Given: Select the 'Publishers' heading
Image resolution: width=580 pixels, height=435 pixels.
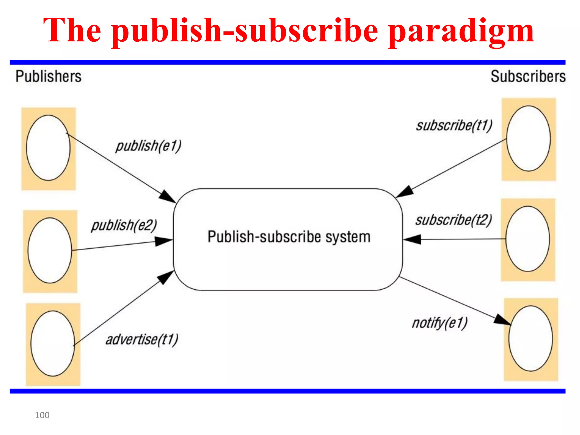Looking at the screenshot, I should (48, 76).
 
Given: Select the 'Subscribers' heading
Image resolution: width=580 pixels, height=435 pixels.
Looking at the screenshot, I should (528, 76).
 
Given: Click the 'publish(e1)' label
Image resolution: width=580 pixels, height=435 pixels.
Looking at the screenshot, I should (148, 146).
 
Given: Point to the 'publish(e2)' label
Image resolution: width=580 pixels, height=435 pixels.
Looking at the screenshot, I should (124, 225).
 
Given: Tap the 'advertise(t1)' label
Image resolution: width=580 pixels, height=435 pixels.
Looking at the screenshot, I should (142, 339).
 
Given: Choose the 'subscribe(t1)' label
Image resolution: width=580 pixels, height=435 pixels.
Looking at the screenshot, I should (454, 125).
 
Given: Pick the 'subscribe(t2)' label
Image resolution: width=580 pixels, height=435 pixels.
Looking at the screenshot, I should (454, 220).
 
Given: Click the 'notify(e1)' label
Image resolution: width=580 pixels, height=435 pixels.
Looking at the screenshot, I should (440, 323).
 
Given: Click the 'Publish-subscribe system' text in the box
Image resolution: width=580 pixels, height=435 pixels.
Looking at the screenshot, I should (289, 237).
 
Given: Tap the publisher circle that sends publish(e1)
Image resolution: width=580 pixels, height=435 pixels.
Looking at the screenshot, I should (48, 148).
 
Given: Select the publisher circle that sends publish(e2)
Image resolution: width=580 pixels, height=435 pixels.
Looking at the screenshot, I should (50, 250).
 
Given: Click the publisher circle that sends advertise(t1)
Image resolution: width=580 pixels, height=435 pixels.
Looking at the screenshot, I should (53, 343).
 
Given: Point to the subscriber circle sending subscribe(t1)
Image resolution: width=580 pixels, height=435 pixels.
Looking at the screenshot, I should (528, 138).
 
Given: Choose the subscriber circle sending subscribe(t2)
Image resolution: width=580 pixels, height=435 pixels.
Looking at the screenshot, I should (528, 239).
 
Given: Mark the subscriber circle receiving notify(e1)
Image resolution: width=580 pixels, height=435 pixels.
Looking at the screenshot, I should (530, 338).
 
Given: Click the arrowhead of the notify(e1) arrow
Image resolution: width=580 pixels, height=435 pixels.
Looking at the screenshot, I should (503, 320).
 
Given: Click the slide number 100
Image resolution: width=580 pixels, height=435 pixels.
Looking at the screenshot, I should (42, 415).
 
